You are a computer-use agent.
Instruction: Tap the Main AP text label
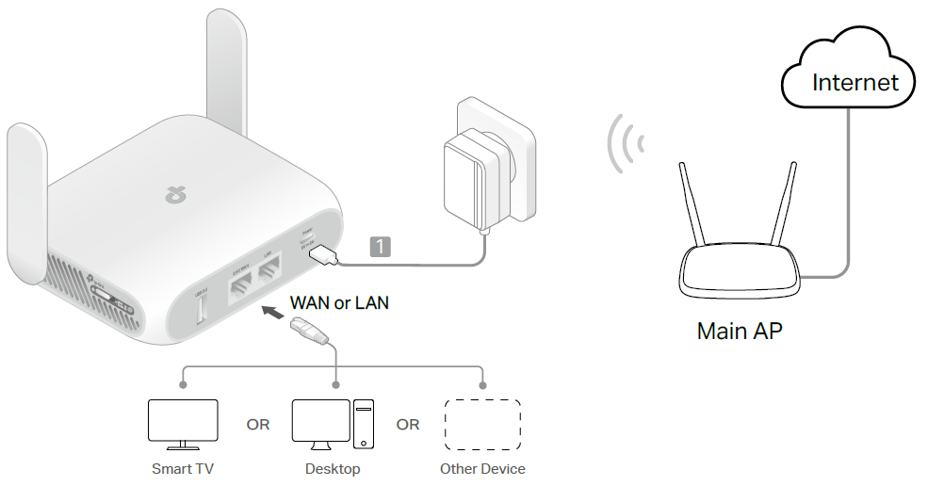point(739,332)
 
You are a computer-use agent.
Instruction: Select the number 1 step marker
point(380,247)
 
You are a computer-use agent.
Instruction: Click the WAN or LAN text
point(339,302)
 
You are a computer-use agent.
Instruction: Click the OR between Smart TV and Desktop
point(257,425)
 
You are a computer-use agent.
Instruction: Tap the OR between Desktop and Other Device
point(408,425)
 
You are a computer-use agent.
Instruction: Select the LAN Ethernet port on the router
point(270,273)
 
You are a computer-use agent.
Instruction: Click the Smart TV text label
point(183,468)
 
